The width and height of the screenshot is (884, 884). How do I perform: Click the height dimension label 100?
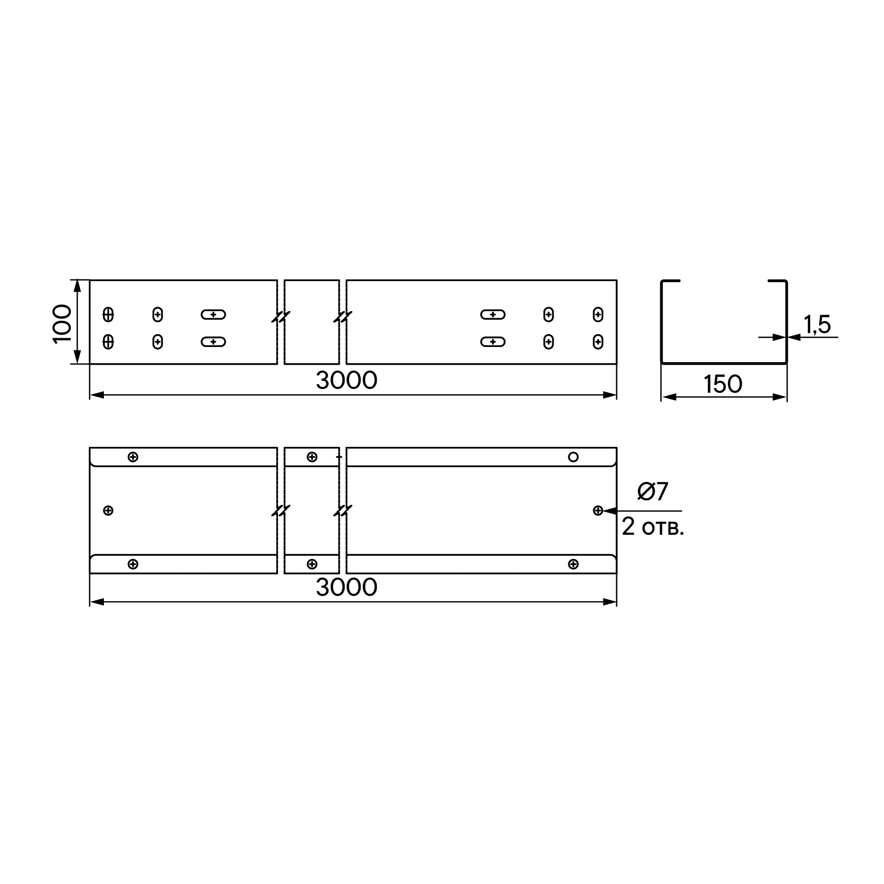click(62, 324)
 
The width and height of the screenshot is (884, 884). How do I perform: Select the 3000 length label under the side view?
click(347, 380)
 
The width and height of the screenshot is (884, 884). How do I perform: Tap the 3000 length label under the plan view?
click(347, 587)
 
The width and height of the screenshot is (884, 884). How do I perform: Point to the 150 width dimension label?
click(723, 384)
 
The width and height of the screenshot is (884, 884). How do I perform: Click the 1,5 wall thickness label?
click(817, 324)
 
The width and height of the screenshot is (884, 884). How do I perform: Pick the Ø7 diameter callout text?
click(653, 492)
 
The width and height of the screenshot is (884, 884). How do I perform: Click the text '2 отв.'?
click(652, 527)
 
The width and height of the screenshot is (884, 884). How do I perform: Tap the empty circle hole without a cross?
click(573, 457)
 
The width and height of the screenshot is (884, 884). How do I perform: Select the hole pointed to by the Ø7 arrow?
click(598, 511)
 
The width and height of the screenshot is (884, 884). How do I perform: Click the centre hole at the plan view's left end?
click(108, 511)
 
